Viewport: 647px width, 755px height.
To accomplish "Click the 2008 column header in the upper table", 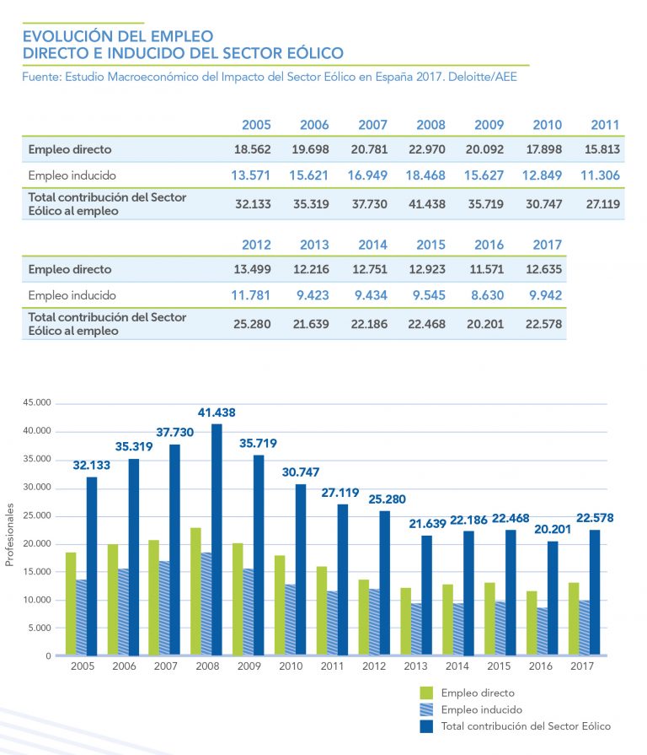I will coord(430,125).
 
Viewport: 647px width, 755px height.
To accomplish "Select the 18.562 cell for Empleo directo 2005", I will coord(256,149).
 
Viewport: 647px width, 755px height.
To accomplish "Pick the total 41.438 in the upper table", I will coord(430,204).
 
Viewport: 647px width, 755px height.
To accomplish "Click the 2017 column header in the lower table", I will coord(547,245).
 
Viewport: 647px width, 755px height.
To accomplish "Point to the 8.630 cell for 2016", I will coord(489,295).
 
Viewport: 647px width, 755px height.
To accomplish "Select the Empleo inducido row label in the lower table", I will coord(72,295).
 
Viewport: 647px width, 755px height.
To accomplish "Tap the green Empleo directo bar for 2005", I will coord(71,603).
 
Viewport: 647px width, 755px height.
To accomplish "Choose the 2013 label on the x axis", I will coord(417,666).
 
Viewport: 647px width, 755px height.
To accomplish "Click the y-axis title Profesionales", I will coord(11,535).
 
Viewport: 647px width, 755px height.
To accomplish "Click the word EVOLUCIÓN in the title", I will coord(68,36).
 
